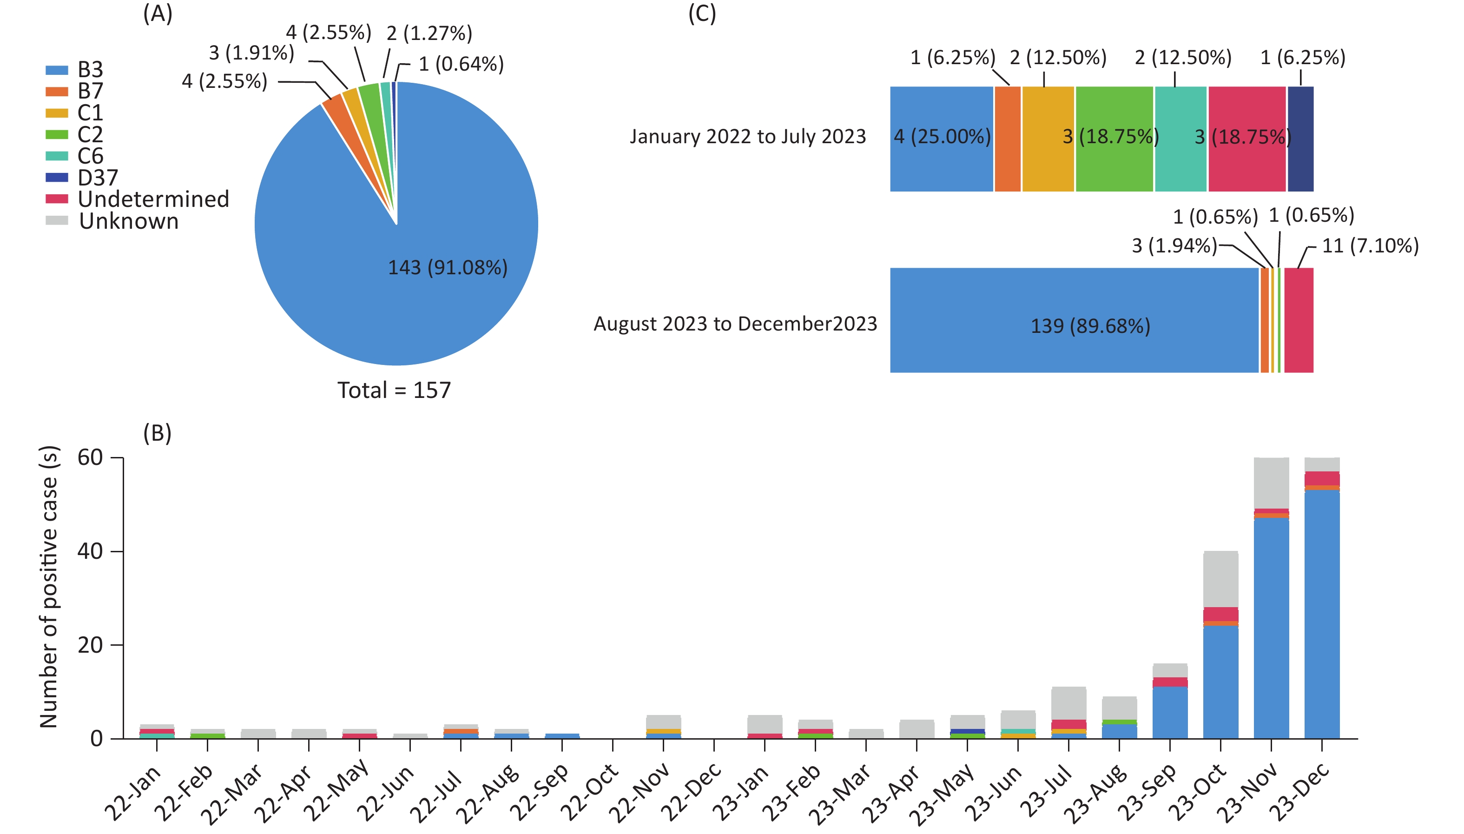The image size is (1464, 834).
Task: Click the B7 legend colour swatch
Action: [57, 91]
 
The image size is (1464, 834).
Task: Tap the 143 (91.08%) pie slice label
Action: [448, 267]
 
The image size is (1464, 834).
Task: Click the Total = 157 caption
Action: [394, 391]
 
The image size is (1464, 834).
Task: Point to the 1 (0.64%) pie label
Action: [461, 64]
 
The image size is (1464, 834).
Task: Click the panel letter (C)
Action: [702, 14]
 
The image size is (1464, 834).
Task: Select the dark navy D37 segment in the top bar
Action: [1300, 139]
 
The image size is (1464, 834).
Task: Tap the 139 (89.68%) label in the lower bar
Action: [1090, 326]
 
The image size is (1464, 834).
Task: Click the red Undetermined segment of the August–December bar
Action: [1299, 320]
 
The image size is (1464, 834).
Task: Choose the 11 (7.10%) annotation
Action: [1370, 246]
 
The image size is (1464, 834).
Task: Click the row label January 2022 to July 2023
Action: [748, 137]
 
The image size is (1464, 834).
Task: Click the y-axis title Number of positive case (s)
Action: [49, 587]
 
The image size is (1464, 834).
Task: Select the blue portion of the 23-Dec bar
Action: [1322, 613]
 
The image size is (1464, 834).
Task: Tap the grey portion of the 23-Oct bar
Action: [1220, 578]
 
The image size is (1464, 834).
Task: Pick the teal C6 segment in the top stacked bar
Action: [1180, 139]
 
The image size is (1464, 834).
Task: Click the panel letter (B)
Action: [158, 433]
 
